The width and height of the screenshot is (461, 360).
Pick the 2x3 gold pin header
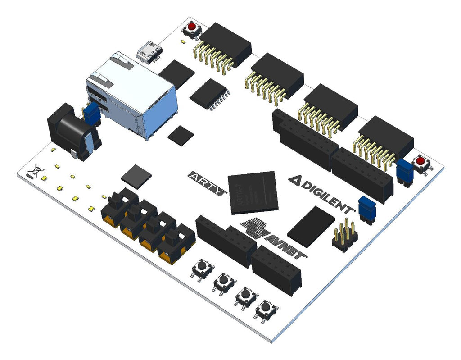(x=345, y=234)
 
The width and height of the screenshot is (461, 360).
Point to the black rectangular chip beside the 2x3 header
(x=311, y=227)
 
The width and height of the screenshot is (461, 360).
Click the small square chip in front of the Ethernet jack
(x=181, y=135)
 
